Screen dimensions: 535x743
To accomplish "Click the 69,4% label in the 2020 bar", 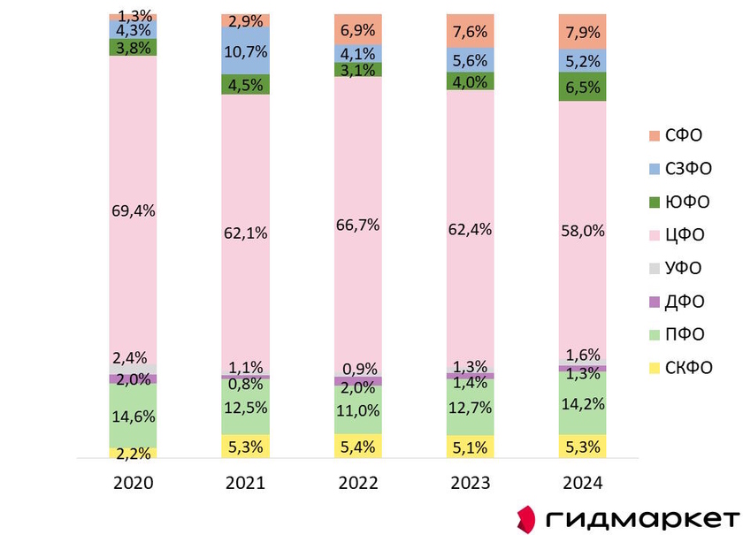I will [x=133, y=210].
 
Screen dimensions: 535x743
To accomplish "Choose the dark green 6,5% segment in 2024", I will [x=582, y=87].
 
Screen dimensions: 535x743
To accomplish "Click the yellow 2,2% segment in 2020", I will [x=133, y=454].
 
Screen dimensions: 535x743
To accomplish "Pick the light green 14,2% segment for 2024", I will [x=582, y=402].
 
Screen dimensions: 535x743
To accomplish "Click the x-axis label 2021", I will [x=246, y=484].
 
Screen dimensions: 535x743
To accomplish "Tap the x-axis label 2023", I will [x=471, y=484].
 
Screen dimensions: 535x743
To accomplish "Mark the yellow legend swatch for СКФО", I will [x=655, y=368].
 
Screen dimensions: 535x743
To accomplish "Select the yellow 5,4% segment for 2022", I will [x=358, y=447].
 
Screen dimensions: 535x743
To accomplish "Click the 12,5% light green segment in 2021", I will [x=246, y=407].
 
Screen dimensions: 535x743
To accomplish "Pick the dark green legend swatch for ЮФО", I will [x=655, y=203].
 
